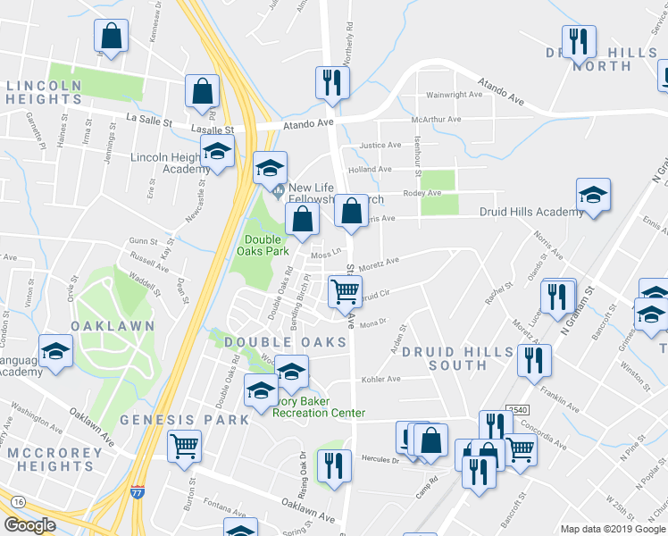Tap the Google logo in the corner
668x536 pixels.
click(x=29, y=525)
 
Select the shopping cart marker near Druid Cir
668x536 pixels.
click(x=346, y=290)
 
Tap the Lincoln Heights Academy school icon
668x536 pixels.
click(x=216, y=154)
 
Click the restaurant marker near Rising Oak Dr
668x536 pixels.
click(x=334, y=466)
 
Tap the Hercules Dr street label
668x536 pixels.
click(x=380, y=461)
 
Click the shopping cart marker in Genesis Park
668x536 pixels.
click(x=184, y=445)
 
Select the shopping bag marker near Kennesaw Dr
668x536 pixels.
click(x=111, y=38)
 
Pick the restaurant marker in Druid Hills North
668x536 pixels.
click(x=579, y=41)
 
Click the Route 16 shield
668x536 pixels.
click(x=17, y=503)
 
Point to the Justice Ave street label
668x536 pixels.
click(x=380, y=145)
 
